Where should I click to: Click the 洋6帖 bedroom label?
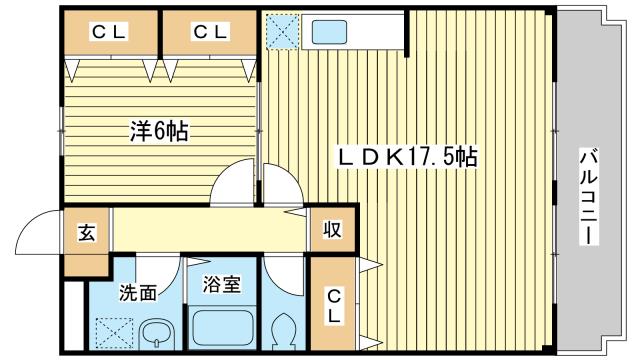(x=160, y=131)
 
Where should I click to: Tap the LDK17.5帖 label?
(x=408, y=156)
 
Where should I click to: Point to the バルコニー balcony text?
(x=588, y=198)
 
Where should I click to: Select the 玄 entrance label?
(x=87, y=233)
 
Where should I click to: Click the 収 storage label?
(x=333, y=230)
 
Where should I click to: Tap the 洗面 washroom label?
(x=138, y=292)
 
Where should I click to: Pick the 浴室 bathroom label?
(x=222, y=284)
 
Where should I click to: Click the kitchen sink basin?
(x=329, y=32)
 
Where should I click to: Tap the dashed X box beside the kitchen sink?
(x=282, y=31)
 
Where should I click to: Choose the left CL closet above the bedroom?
(x=110, y=33)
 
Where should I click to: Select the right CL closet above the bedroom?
(x=210, y=33)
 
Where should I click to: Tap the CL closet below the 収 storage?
(x=333, y=303)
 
